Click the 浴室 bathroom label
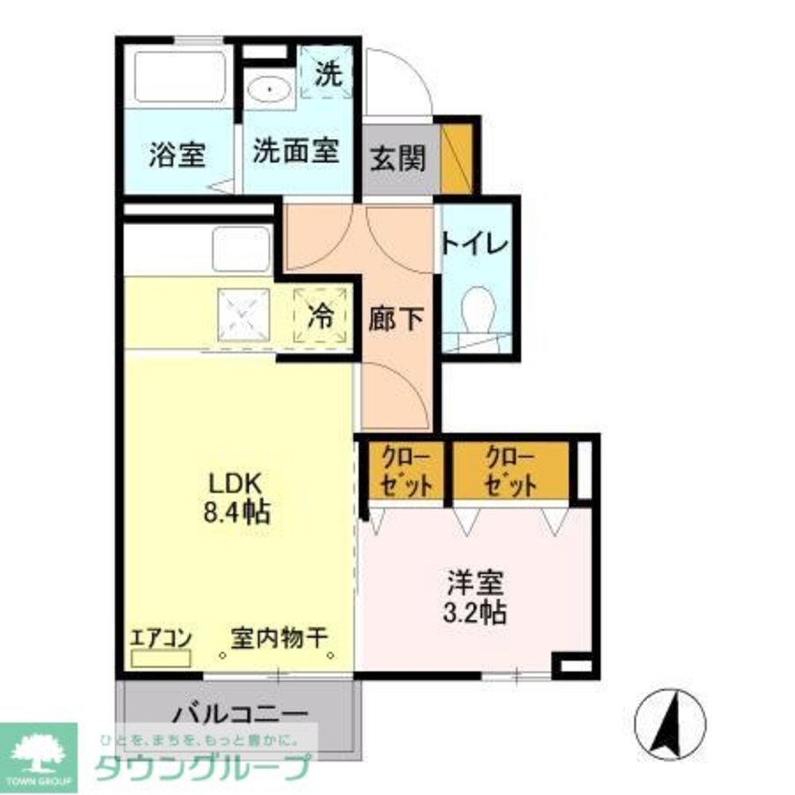(177, 154)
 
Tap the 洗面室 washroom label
(296, 151)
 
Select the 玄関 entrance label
(397, 159)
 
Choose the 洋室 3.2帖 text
(475, 597)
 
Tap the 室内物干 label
(281, 638)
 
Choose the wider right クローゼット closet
(510, 471)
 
